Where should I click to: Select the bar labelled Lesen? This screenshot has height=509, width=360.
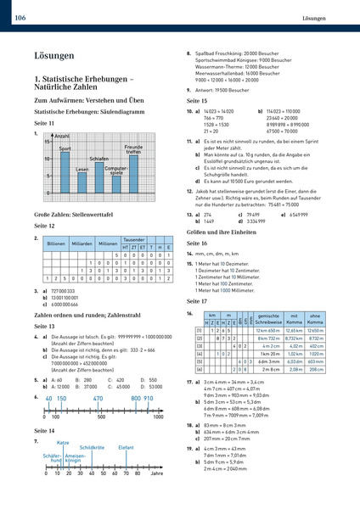82,184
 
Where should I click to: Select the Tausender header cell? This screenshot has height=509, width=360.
133,263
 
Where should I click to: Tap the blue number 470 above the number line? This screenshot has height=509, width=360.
98,398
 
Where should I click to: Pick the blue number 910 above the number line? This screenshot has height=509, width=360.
149,398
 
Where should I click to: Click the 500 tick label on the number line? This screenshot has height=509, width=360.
102,417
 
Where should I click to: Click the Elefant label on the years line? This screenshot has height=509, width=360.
127,447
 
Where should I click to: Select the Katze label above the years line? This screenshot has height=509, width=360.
63,443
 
